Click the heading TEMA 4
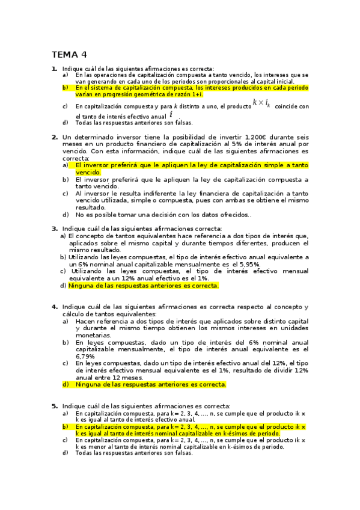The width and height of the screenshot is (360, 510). point(69,54)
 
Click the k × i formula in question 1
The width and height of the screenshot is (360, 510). point(261,103)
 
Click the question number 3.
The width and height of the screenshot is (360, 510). point(54,229)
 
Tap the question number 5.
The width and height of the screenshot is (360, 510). point(54,406)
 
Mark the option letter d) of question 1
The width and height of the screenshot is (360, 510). point(65,123)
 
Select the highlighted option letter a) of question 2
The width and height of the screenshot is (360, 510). point(66,165)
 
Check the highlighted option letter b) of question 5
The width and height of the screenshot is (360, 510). point(66,426)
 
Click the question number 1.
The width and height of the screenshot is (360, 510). point(54,69)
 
